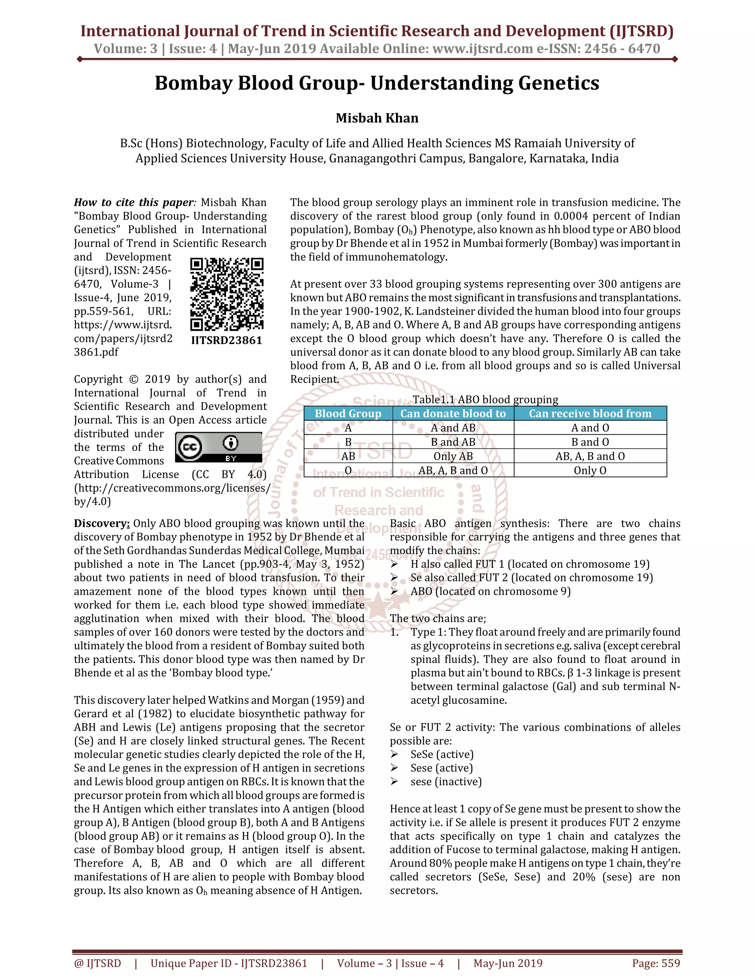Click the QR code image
coord(227,294)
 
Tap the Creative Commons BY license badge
coord(218,447)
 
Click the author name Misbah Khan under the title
coord(377,118)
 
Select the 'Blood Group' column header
coord(348,413)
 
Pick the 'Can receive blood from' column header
coord(590,413)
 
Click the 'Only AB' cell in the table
coord(453,456)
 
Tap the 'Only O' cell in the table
coord(590,470)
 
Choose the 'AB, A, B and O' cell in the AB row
coord(590,456)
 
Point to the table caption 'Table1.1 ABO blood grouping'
coord(485,400)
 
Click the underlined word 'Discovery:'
coord(102,524)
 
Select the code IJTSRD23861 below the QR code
coord(227,340)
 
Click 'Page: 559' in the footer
coord(656,963)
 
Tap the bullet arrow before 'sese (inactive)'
coord(394,782)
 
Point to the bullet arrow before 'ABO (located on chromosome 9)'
coord(394,591)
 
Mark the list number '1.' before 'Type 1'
coord(394,632)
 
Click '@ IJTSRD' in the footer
coord(97,963)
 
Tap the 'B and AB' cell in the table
coord(453,442)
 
